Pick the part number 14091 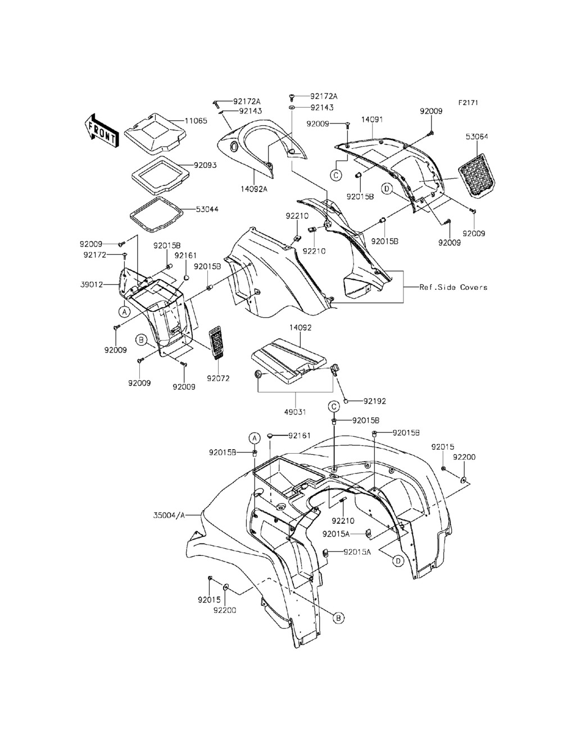coord(372,120)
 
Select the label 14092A coord(254,189)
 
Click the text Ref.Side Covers coord(454,287)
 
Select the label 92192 coord(374,401)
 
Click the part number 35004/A coord(169,514)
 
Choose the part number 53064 coord(477,136)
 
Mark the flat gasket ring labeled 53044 coord(156,214)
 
